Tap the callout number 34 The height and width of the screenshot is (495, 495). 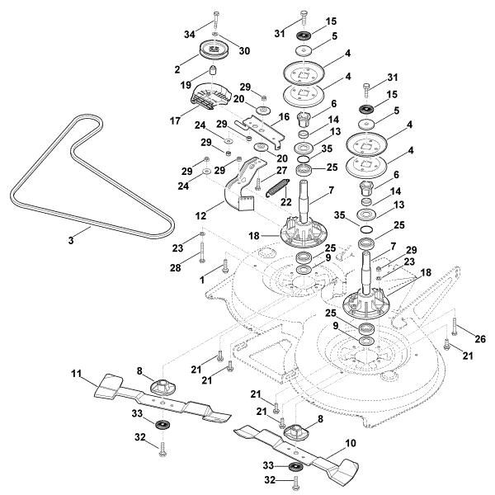pos(191,35)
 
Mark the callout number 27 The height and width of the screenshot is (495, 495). pos(280,171)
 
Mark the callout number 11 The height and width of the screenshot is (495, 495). pos(76,375)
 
